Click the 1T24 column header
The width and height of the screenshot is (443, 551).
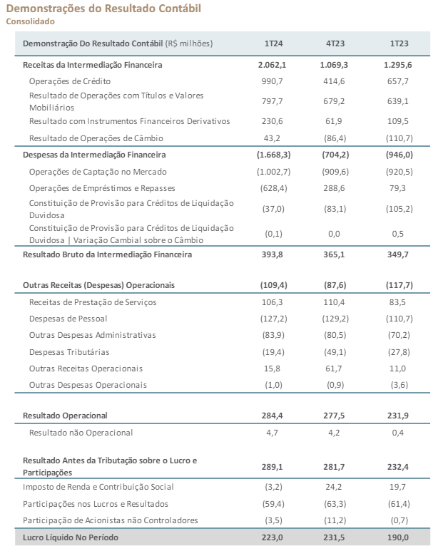(273, 43)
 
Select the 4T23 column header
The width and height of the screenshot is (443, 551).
(335, 43)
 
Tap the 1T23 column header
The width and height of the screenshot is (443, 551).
(399, 43)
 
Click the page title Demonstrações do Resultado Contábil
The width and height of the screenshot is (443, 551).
(103, 9)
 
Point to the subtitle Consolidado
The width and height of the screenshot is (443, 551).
(30, 21)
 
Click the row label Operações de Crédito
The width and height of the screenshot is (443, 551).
(70, 81)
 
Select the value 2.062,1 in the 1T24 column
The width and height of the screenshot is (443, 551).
(272, 65)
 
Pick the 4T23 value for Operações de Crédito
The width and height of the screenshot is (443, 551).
(334, 81)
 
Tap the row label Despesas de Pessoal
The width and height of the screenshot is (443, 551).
(68, 319)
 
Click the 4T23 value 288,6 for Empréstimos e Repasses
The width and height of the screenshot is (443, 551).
(334, 188)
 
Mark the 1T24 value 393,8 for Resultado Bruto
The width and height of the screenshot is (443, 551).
(272, 254)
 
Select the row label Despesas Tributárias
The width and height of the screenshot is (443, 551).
(69, 352)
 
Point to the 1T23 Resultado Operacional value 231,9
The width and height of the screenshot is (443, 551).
(398, 416)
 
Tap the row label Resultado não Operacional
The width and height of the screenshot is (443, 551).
(81, 433)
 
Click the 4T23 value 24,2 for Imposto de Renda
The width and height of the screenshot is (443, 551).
(334, 487)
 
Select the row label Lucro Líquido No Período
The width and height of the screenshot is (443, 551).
(71, 537)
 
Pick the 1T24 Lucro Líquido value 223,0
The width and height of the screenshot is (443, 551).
(272, 537)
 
